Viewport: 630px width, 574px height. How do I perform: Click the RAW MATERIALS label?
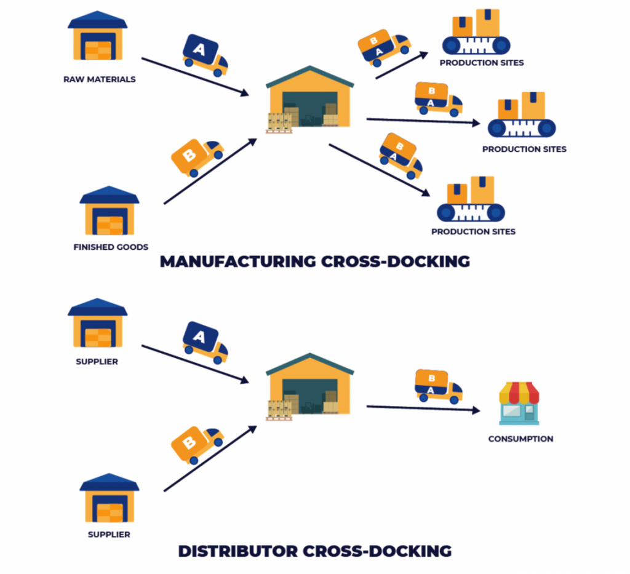(x=99, y=79)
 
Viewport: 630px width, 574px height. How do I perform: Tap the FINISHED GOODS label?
(x=111, y=247)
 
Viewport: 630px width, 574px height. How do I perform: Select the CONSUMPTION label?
(x=520, y=439)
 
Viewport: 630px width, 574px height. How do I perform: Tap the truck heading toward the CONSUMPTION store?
(x=438, y=386)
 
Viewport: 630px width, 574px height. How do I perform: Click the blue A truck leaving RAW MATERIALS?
(x=204, y=55)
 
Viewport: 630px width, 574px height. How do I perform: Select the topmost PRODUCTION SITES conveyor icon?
(x=476, y=33)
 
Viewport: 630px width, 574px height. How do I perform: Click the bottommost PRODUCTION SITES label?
(x=473, y=232)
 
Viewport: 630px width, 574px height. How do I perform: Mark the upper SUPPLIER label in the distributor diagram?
(x=97, y=361)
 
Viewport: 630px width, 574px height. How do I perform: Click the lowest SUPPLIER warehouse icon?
(x=110, y=499)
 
